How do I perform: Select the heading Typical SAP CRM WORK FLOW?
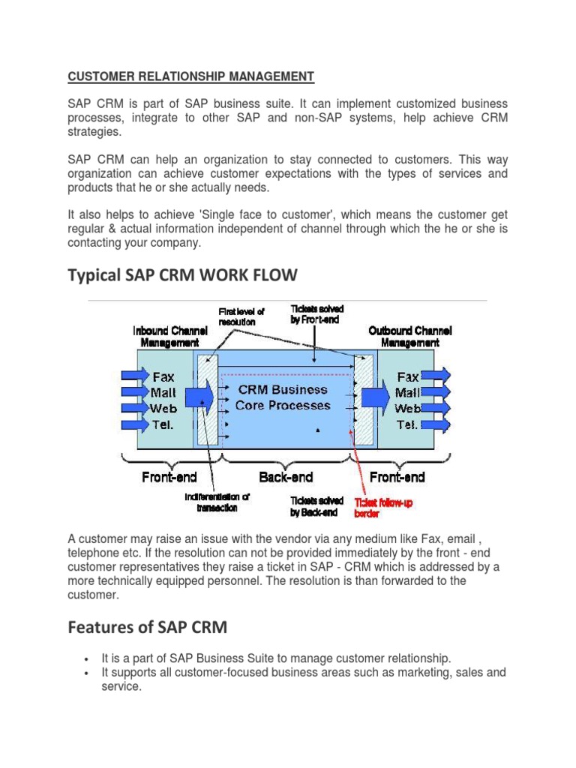182,276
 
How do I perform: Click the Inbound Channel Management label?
166,336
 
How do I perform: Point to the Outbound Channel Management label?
410,336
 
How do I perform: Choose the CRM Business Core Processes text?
282,397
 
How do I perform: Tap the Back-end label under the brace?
286,477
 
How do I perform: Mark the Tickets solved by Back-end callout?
316,506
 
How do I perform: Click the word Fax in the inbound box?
163,376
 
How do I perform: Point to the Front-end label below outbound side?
397,477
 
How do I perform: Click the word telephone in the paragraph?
90,553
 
